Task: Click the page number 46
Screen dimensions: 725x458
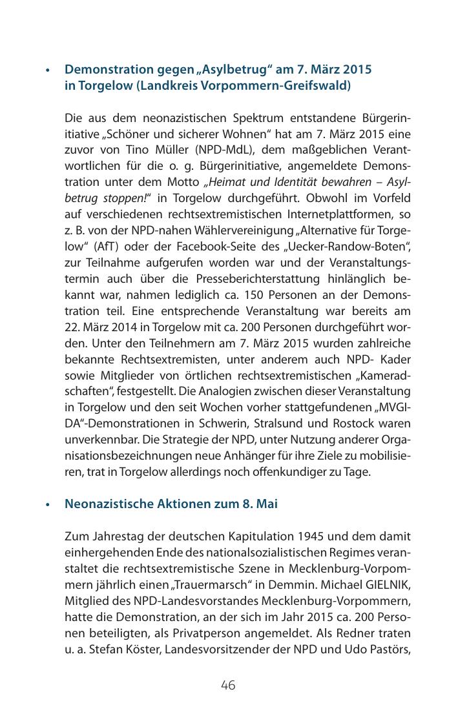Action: [x=228, y=686]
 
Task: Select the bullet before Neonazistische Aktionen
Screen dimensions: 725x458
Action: [x=47, y=505]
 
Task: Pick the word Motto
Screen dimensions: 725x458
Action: [x=183, y=183]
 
